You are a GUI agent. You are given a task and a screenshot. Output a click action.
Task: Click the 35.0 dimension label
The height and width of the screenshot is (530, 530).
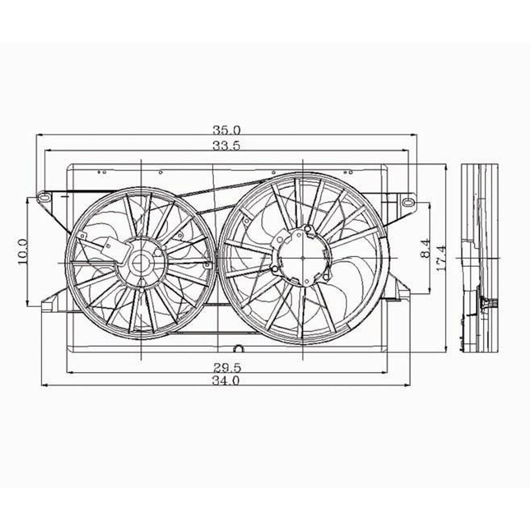click(x=226, y=130)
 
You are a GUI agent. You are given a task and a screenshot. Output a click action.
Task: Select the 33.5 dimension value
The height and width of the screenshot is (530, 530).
click(x=226, y=146)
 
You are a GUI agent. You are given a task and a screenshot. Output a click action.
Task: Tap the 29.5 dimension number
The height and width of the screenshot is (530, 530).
click(x=227, y=368)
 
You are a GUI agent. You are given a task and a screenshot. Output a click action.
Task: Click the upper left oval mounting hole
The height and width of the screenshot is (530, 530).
click(x=44, y=197)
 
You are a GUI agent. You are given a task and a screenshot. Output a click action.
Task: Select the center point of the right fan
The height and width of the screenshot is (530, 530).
click(x=302, y=258)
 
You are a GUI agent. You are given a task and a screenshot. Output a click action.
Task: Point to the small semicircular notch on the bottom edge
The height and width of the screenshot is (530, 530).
click(x=238, y=348)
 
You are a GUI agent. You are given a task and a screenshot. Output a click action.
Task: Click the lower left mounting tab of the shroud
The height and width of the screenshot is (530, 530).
click(x=48, y=304)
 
